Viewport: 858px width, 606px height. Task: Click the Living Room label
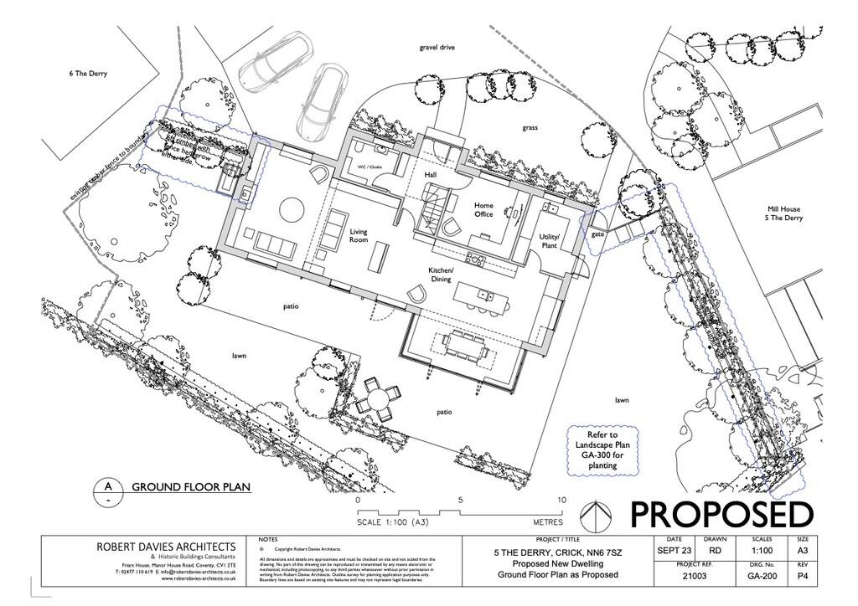[x=359, y=236]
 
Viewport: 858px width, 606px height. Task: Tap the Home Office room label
[x=483, y=210]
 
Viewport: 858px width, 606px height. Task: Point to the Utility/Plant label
[x=549, y=241]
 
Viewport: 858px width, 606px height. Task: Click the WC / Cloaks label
[x=370, y=167]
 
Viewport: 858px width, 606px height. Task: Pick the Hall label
[x=431, y=175]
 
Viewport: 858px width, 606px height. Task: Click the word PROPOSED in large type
[x=721, y=514]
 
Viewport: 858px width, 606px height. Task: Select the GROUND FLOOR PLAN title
[x=192, y=486]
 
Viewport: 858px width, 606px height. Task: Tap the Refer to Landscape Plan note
[x=602, y=449]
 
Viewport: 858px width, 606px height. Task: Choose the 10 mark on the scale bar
[x=561, y=500]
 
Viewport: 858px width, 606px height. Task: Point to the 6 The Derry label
[x=88, y=74]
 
